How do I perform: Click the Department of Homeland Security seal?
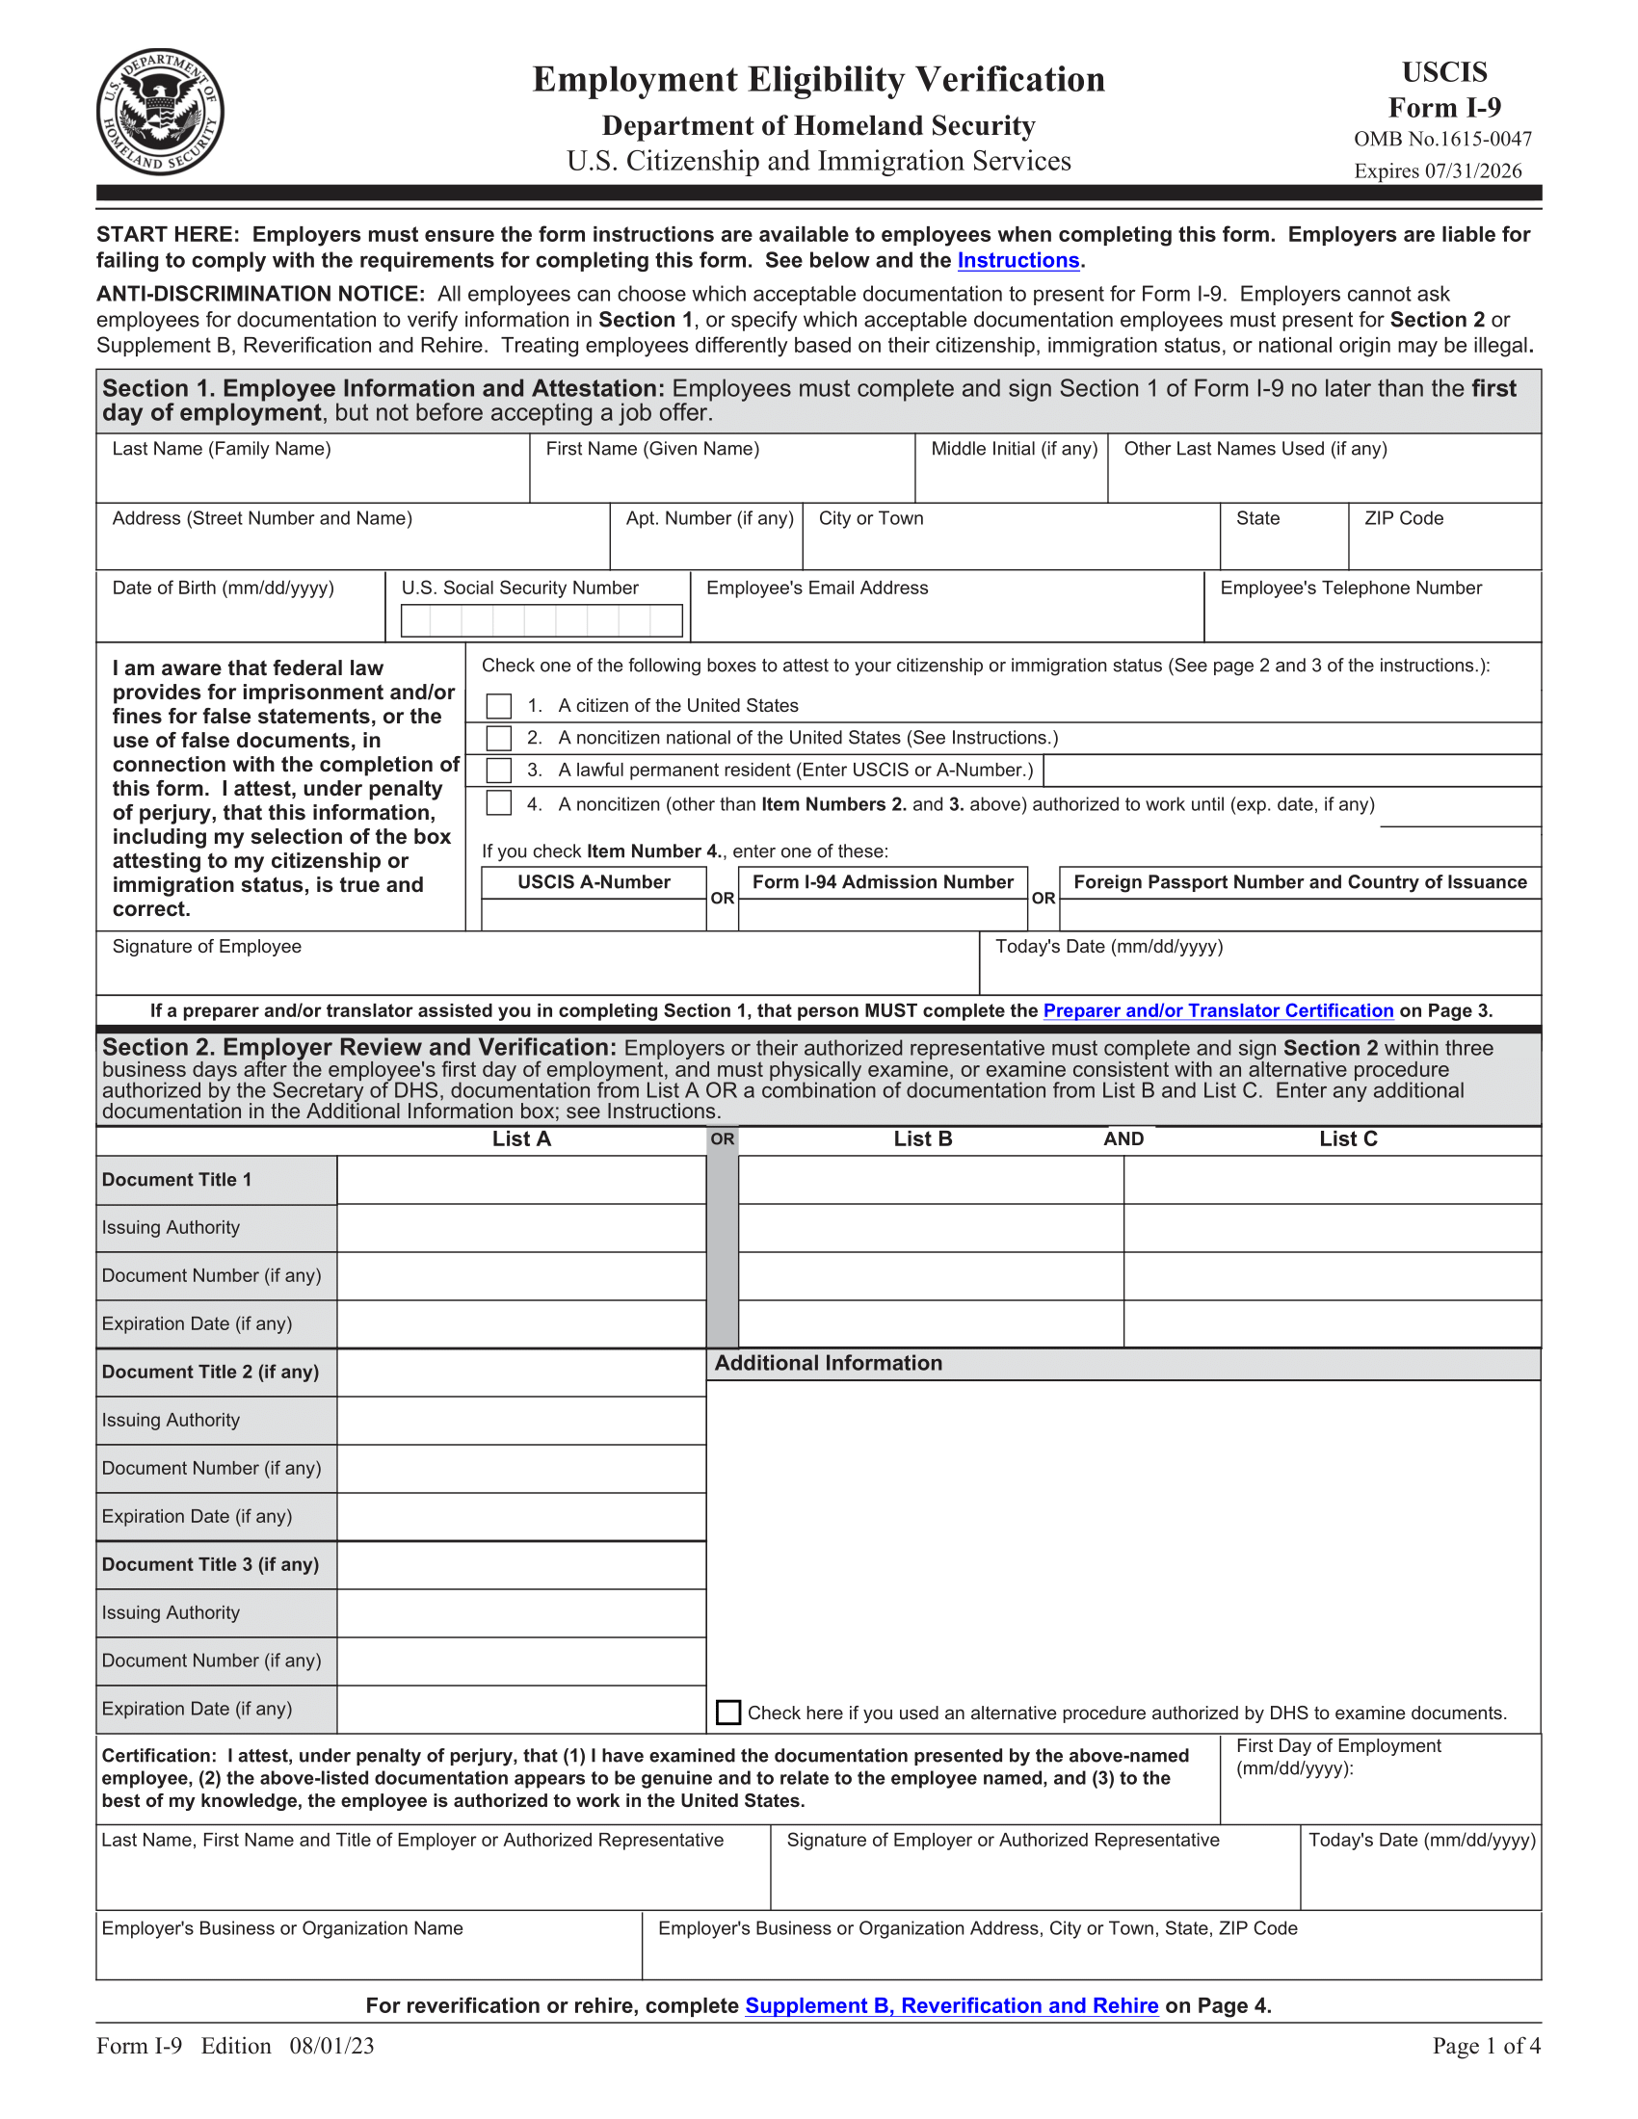pyautogui.click(x=160, y=112)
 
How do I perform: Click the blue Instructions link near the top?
pyautogui.click(x=1017, y=260)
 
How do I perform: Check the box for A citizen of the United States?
pyautogui.click(x=499, y=705)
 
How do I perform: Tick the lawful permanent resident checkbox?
pyautogui.click(x=499, y=771)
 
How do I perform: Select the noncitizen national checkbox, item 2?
pyautogui.click(x=499, y=739)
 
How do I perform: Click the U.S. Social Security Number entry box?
pyautogui.click(x=542, y=621)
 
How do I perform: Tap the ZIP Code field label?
pyautogui.click(x=1403, y=518)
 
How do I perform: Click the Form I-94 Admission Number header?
pyautogui.click(x=882, y=882)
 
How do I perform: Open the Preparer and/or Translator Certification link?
pyautogui.click(x=1218, y=1010)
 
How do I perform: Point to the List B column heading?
pyautogui.click(x=923, y=1139)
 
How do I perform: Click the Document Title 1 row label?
pyautogui.click(x=176, y=1180)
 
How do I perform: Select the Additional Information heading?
pyautogui.click(x=828, y=1363)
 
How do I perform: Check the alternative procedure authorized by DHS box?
pyautogui.click(x=727, y=1713)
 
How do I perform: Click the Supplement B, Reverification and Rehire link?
pyautogui.click(x=951, y=2005)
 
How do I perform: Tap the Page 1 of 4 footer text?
pyautogui.click(x=1486, y=2046)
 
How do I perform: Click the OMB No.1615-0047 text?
pyautogui.click(x=1443, y=139)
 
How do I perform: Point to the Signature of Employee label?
pyautogui.click(x=207, y=946)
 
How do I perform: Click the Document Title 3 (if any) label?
pyautogui.click(x=211, y=1564)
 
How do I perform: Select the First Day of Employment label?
pyautogui.click(x=1338, y=1746)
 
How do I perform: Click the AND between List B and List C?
pyautogui.click(x=1123, y=1139)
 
